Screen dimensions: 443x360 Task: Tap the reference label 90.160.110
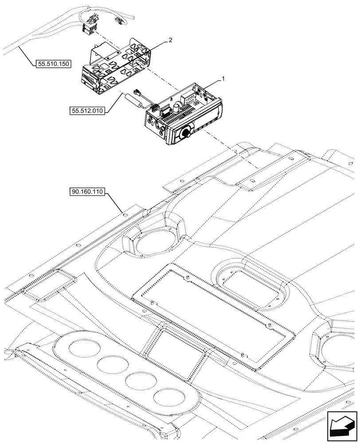[86, 192]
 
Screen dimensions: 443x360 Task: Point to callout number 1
[223, 78]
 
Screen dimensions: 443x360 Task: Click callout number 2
[170, 40]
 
